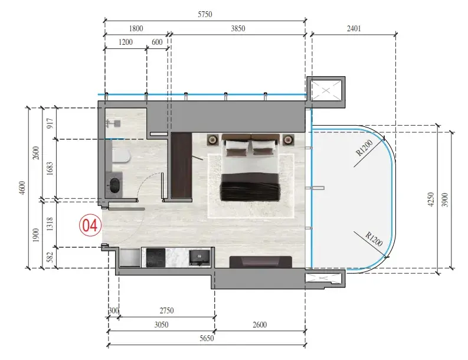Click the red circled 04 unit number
click(90, 225)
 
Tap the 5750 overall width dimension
click(205, 14)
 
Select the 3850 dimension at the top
click(238, 28)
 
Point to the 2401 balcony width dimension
click(354, 28)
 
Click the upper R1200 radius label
click(365, 148)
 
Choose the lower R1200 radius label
click(374, 239)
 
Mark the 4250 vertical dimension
click(431, 199)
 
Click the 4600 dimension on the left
click(22, 188)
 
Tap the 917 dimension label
click(50, 123)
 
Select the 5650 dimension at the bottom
click(207, 338)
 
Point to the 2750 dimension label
click(166, 310)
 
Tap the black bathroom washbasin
click(114, 185)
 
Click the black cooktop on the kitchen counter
click(155, 258)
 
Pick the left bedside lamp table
click(213, 140)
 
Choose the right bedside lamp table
click(289, 139)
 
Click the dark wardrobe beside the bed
click(181, 165)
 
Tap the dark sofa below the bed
click(261, 262)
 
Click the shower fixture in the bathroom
click(113, 123)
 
